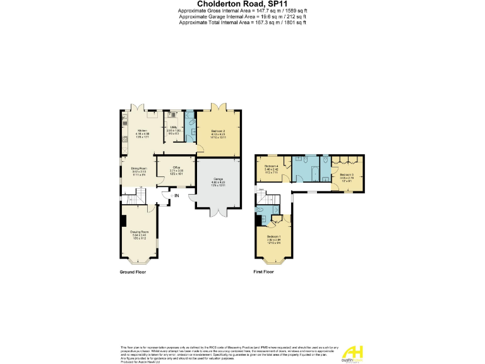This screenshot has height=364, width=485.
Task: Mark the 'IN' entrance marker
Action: coord(177,197)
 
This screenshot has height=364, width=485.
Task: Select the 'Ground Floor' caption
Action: coord(133,272)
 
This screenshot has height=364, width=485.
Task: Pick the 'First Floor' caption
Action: coord(263,272)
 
